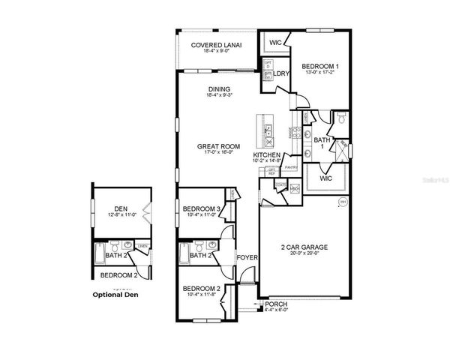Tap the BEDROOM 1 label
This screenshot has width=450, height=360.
click(x=319, y=67)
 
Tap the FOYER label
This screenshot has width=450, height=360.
click(x=247, y=257)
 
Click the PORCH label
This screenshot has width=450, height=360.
click(x=275, y=304)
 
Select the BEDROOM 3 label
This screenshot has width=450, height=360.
click(x=202, y=208)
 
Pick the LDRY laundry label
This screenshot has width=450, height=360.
click(x=282, y=73)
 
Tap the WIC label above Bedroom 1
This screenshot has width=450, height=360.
click(x=274, y=43)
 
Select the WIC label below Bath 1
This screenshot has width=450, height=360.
click(x=325, y=180)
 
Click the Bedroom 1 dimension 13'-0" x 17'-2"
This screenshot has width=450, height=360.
click(x=319, y=73)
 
